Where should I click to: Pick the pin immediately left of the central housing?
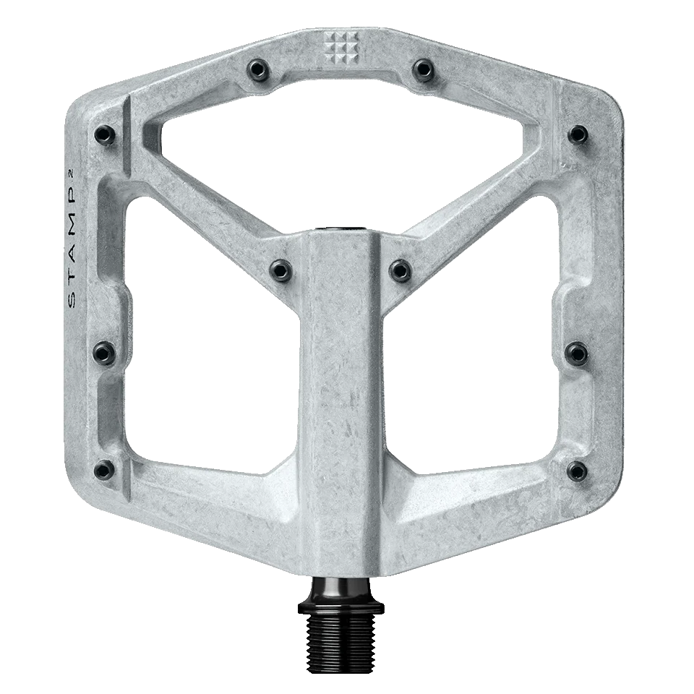[x=279, y=269]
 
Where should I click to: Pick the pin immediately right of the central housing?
[x=398, y=270]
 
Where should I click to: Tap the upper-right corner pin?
[x=577, y=133]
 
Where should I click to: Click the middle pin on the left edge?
[x=102, y=353]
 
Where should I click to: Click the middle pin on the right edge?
[x=576, y=352]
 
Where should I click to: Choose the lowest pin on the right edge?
[x=575, y=470]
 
